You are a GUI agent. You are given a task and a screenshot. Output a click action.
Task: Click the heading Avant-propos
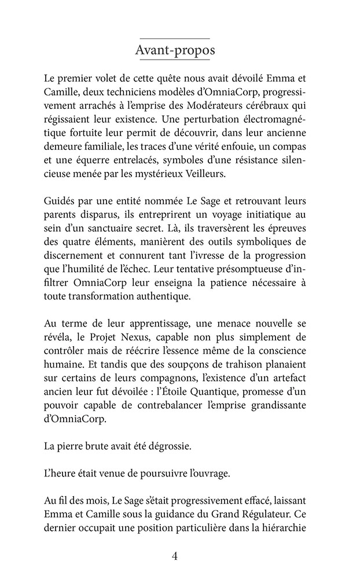coord(175,50)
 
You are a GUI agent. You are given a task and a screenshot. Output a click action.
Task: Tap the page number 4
coord(175,556)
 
